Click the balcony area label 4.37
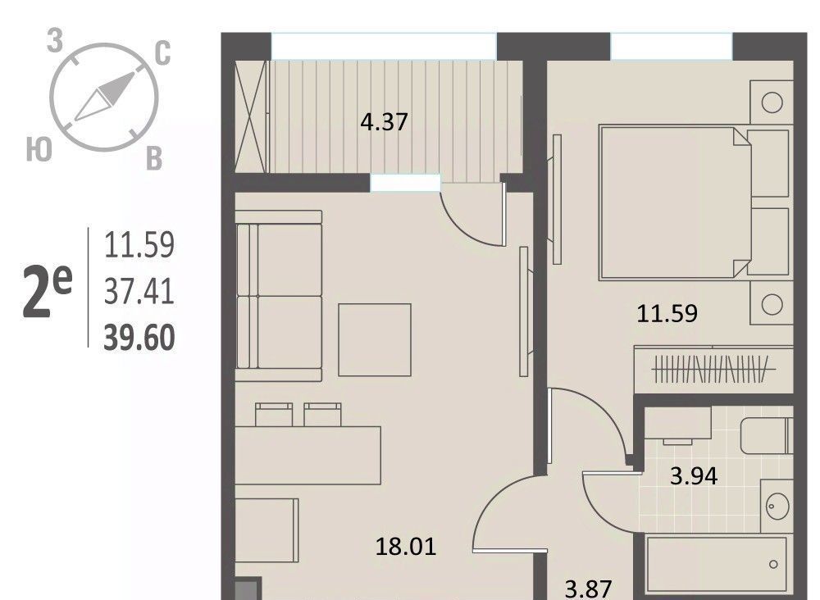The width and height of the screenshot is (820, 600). click(384, 122)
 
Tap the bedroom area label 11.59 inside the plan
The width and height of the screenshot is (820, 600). click(667, 314)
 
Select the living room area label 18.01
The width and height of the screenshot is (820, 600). click(406, 548)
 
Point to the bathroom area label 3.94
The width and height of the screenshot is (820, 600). click(694, 476)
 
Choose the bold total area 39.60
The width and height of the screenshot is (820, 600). click(139, 338)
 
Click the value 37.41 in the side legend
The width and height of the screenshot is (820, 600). click(139, 292)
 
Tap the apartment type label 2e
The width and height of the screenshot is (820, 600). click(47, 292)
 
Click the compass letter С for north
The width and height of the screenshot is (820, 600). click(163, 53)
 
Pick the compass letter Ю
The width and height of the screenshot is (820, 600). click(39, 149)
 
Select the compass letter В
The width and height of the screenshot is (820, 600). click(154, 159)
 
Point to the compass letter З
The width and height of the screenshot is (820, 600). click(55, 41)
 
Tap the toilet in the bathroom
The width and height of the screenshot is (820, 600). click(767, 435)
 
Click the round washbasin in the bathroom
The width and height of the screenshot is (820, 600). click(777, 506)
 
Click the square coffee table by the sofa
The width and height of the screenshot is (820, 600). click(375, 339)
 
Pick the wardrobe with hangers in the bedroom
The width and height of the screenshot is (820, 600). click(713, 370)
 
